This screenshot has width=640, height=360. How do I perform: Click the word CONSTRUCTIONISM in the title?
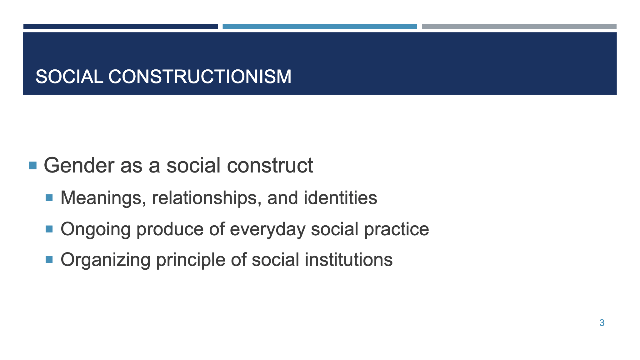point(200,77)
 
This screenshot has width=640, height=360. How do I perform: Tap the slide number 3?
point(602,323)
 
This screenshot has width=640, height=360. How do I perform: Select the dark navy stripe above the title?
point(120,27)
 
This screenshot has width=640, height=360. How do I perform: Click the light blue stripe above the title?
point(320,27)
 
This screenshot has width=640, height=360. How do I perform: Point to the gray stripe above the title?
point(519,27)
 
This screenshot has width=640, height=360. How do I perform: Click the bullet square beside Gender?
point(32,165)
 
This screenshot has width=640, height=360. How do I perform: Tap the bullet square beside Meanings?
point(49,198)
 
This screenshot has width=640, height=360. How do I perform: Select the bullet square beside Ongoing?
point(49,229)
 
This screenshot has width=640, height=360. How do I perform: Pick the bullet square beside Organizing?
point(49,260)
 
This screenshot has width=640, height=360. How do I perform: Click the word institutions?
point(348,260)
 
